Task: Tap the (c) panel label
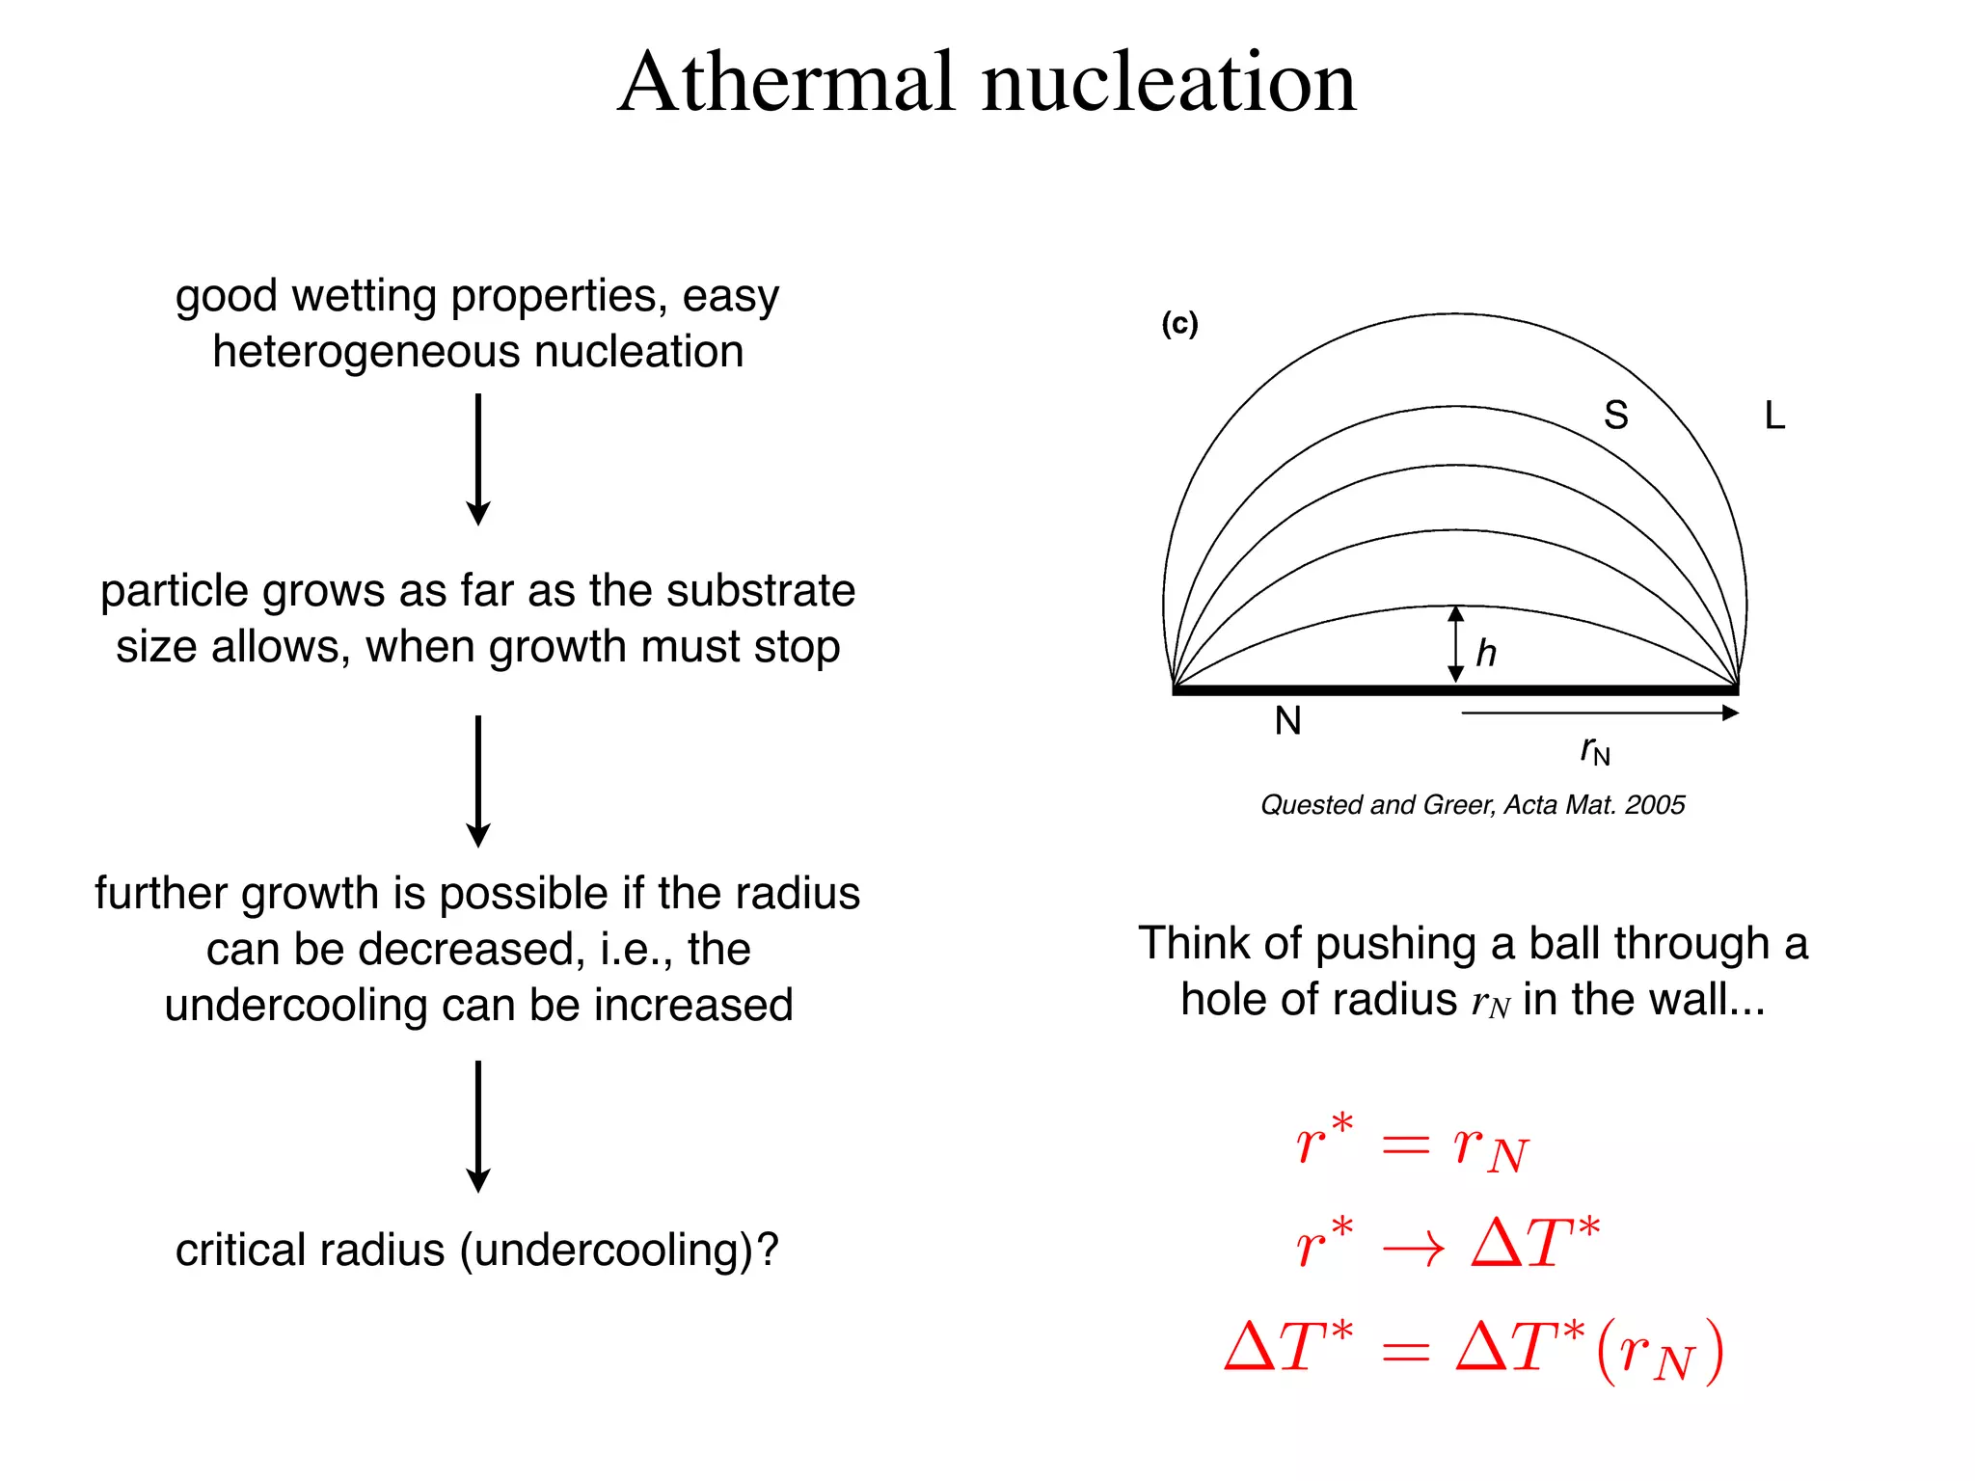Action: (x=1179, y=323)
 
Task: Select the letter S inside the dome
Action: (x=1616, y=416)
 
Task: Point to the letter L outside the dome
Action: (x=1774, y=416)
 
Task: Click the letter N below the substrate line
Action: (x=1287, y=720)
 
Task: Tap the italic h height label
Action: (x=1486, y=653)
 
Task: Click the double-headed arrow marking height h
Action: (x=1456, y=644)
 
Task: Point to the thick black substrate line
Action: (x=1350, y=690)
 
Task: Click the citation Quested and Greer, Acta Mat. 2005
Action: (x=1473, y=805)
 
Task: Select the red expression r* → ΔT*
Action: (x=1447, y=1244)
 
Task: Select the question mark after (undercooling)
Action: (x=768, y=1250)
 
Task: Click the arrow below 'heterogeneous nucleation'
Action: (x=478, y=459)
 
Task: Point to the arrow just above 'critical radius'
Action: (x=478, y=1126)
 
